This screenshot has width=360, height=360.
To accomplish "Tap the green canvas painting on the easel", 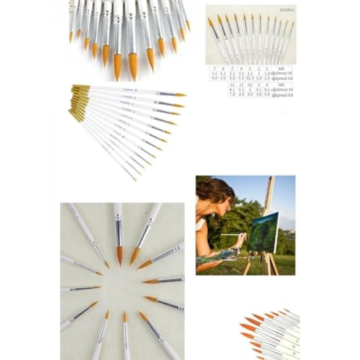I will [263, 232].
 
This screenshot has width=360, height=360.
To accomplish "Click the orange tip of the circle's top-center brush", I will [119, 256].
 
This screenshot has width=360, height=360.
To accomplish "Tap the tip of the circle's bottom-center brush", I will [124, 317].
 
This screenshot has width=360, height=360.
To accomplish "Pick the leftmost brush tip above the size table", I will [210, 22].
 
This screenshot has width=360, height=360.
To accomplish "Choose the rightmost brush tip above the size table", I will [291, 23].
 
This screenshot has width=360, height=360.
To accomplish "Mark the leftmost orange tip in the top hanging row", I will [71, 38].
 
